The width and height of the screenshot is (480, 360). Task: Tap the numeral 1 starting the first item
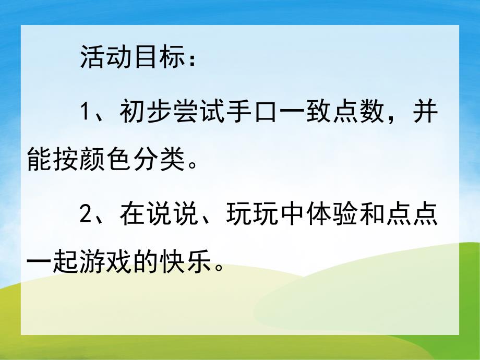(x=87, y=112)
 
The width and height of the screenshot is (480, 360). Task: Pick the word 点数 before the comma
(x=361, y=112)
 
